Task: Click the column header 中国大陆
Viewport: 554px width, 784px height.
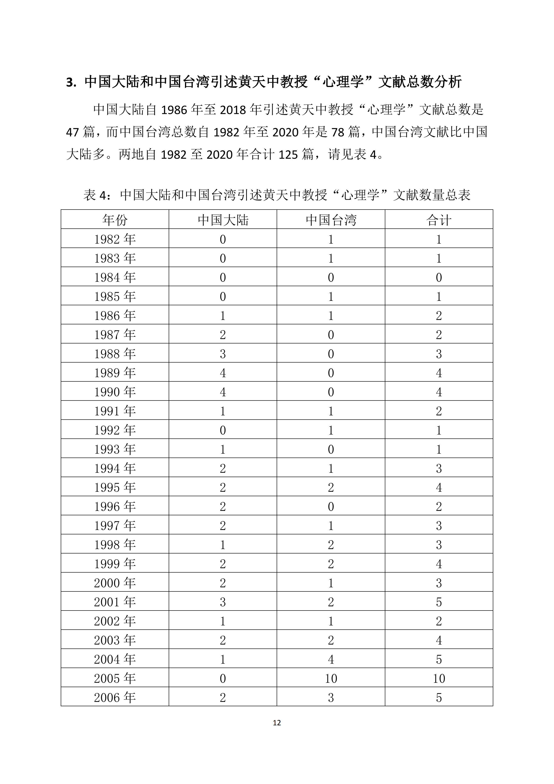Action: (223, 220)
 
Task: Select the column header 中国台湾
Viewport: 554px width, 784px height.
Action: (331, 220)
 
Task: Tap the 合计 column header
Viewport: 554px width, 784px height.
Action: (439, 220)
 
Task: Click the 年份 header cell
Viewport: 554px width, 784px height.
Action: (115, 220)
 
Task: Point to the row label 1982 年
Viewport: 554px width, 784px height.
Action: (115, 239)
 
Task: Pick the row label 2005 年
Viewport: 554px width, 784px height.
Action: (115, 678)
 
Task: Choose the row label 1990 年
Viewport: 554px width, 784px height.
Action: (115, 392)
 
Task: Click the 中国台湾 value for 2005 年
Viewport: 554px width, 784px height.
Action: (331, 678)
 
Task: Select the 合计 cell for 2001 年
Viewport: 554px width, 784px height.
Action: (439, 602)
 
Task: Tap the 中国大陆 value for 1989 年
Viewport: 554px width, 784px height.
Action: (223, 373)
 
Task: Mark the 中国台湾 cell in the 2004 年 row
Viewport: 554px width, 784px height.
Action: (331, 659)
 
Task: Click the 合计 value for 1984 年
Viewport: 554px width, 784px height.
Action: (439, 277)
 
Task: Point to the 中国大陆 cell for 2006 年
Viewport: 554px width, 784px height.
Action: (223, 697)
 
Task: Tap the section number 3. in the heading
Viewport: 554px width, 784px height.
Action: (71, 83)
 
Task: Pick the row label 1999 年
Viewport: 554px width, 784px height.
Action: (115, 563)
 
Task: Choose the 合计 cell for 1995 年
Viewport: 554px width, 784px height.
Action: (439, 487)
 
